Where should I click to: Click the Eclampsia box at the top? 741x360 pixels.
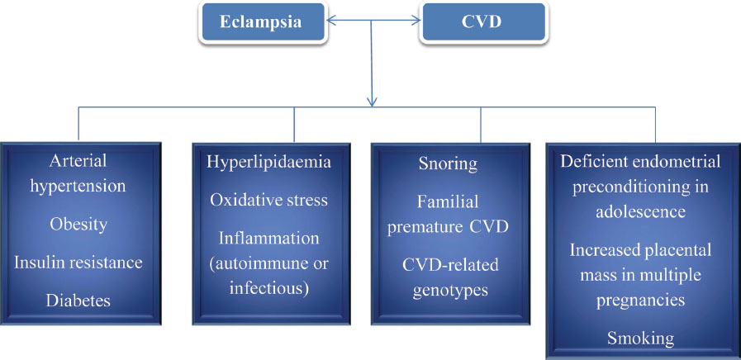(x=262, y=23)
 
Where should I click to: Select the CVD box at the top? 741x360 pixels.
(x=483, y=23)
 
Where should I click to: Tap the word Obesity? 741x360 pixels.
(x=78, y=224)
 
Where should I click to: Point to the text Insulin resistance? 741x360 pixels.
(x=78, y=263)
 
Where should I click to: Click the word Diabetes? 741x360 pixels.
(x=78, y=301)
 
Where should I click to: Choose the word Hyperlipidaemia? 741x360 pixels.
(x=269, y=162)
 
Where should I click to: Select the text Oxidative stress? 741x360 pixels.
(x=269, y=200)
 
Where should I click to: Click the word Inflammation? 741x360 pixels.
(x=269, y=238)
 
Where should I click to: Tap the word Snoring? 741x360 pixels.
(x=449, y=164)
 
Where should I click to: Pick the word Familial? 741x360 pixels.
(x=448, y=201)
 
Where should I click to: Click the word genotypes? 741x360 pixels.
(x=450, y=290)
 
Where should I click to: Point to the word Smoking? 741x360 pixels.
(x=640, y=339)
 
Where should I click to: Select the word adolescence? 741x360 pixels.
(x=640, y=211)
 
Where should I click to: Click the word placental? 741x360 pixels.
(x=677, y=249)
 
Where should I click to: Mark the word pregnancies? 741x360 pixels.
(x=640, y=301)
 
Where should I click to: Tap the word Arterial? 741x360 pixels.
(x=78, y=161)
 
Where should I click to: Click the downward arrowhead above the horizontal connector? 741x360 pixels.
(x=373, y=101)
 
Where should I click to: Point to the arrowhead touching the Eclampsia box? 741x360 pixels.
(x=332, y=21)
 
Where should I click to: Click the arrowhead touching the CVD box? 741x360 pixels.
(x=415, y=21)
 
